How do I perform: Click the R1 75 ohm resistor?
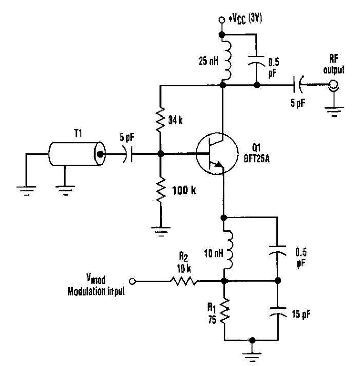tap(224, 311)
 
